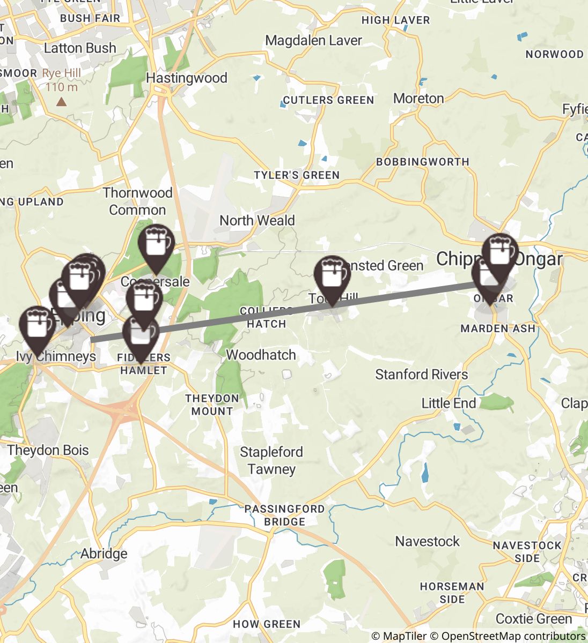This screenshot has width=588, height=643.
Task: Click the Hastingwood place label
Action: [x=187, y=78]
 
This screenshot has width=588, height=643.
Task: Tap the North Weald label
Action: [x=257, y=221]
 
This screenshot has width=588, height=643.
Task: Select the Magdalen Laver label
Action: [x=314, y=41]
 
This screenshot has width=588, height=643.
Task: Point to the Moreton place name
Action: [x=418, y=99]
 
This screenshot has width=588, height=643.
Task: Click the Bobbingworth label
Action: [x=423, y=162]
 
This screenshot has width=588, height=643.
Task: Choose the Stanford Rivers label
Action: [x=421, y=374]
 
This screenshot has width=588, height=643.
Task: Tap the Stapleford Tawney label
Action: [x=271, y=461]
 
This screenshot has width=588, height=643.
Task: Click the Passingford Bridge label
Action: [x=285, y=515]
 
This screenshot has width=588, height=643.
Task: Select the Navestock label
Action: [x=428, y=541]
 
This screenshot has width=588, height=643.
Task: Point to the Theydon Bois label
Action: [x=48, y=450]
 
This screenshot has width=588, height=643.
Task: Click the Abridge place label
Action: [x=104, y=554]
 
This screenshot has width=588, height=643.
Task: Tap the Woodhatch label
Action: [x=261, y=355]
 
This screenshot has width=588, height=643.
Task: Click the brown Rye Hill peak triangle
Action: [x=62, y=101]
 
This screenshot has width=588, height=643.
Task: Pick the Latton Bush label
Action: [x=80, y=48]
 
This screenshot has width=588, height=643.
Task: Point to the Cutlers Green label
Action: [x=328, y=100]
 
